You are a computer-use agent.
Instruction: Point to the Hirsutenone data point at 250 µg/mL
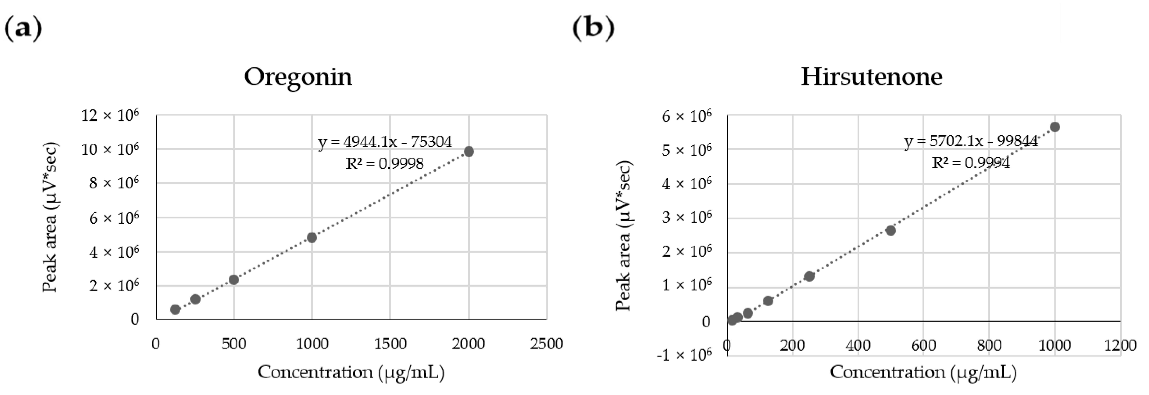(809, 276)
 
